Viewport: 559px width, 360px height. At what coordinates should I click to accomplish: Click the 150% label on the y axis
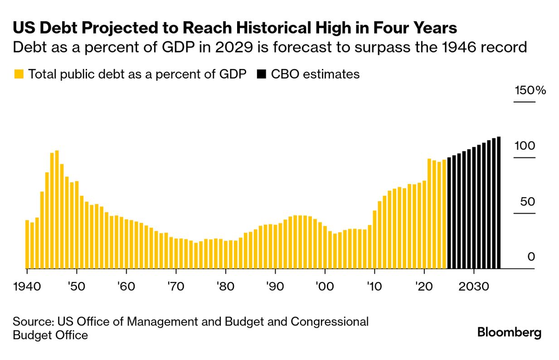click(x=530, y=90)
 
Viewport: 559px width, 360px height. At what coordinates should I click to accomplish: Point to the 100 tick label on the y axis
click(x=525, y=146)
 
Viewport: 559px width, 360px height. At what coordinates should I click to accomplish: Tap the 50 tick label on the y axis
click(x=528, y=202)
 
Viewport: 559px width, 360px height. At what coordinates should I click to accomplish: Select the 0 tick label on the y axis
click(x=531, y=257)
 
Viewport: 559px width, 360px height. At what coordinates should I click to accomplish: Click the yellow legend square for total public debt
click(x=19, y=74)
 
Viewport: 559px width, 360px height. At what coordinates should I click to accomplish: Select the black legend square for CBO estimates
click(x=261, y=74)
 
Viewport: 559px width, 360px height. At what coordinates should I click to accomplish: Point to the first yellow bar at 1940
click(x=27, y=244)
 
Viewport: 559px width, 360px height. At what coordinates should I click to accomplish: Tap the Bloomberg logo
click(x=509, y=332)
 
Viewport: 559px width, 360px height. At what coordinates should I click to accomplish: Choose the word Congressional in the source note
click(x=330, y=322)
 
